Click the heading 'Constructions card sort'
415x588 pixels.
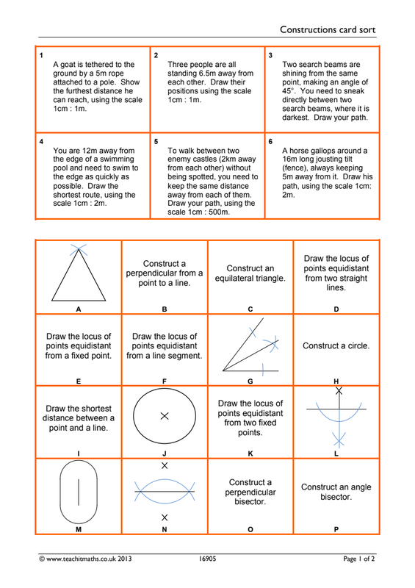point(328,29)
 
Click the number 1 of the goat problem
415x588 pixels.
point(41,56)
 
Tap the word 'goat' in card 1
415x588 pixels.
point(68,65)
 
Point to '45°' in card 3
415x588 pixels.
point(287,90)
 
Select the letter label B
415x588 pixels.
point(165,309)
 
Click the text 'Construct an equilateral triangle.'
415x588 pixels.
point(250,273)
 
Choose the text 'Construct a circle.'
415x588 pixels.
point(336,345)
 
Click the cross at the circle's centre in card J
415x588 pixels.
point(165,416)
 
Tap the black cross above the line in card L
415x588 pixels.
point(339,391)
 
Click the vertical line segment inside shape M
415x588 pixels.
point(79,492)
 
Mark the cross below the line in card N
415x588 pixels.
point(165,517)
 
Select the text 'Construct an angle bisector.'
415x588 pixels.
point(336,492)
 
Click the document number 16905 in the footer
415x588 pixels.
point(207,559)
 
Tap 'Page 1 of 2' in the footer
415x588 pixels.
point(358,559)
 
